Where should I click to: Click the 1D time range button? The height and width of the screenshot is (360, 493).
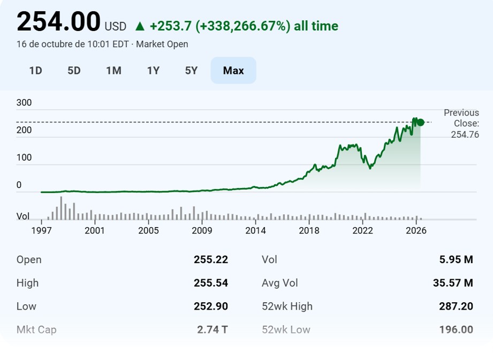(35, 71)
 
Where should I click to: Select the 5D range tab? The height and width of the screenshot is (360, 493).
(74, 71)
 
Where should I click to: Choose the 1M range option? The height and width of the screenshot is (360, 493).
(113, 71)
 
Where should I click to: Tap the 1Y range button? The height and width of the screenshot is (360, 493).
(153, 71)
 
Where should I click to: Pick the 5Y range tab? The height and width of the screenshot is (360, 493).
(191, 71)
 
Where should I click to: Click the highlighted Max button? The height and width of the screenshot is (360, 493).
(233, 71)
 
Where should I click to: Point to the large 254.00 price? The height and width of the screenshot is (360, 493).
(58, 22)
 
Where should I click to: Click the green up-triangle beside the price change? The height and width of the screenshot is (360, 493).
(140, 26)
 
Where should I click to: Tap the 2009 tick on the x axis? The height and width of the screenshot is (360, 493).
(202, 230)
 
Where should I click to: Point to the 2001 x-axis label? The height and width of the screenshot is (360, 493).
(95, 230)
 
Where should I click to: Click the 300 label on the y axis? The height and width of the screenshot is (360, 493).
(24, 102)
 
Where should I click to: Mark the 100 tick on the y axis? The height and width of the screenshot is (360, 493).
(24, 157)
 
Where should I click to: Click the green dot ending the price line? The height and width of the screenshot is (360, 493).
(420, 123)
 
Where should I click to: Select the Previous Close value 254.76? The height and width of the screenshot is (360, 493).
(465, 134)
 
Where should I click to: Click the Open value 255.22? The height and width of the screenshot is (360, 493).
(211, 260)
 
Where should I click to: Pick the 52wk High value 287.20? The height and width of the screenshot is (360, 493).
(456, 306)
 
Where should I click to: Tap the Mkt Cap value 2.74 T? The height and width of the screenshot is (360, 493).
(212, 329)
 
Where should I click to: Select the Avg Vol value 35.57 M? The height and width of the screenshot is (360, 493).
(453, 283)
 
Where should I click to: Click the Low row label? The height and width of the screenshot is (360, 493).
(26, 306)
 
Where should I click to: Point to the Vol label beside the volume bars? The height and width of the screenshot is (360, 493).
(23, 216)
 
